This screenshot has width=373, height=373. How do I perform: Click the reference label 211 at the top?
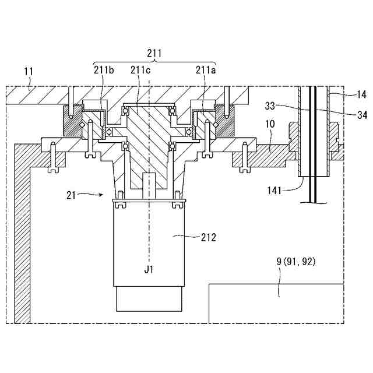(154, 54)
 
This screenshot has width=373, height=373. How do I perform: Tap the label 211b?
(103, 71)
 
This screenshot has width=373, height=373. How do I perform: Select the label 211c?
(140, 71)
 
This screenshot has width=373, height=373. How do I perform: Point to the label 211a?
(206, 71)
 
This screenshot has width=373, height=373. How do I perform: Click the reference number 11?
(29, 72)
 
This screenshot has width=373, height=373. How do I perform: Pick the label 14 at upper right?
(361, 93)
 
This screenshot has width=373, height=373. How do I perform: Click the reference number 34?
(361, 115)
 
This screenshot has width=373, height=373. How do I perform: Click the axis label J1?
(150, 270)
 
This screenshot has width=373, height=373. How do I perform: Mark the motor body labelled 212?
(149, 245)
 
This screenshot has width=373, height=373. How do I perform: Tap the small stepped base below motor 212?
(149, 298)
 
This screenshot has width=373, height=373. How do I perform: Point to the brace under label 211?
(154, 62)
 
